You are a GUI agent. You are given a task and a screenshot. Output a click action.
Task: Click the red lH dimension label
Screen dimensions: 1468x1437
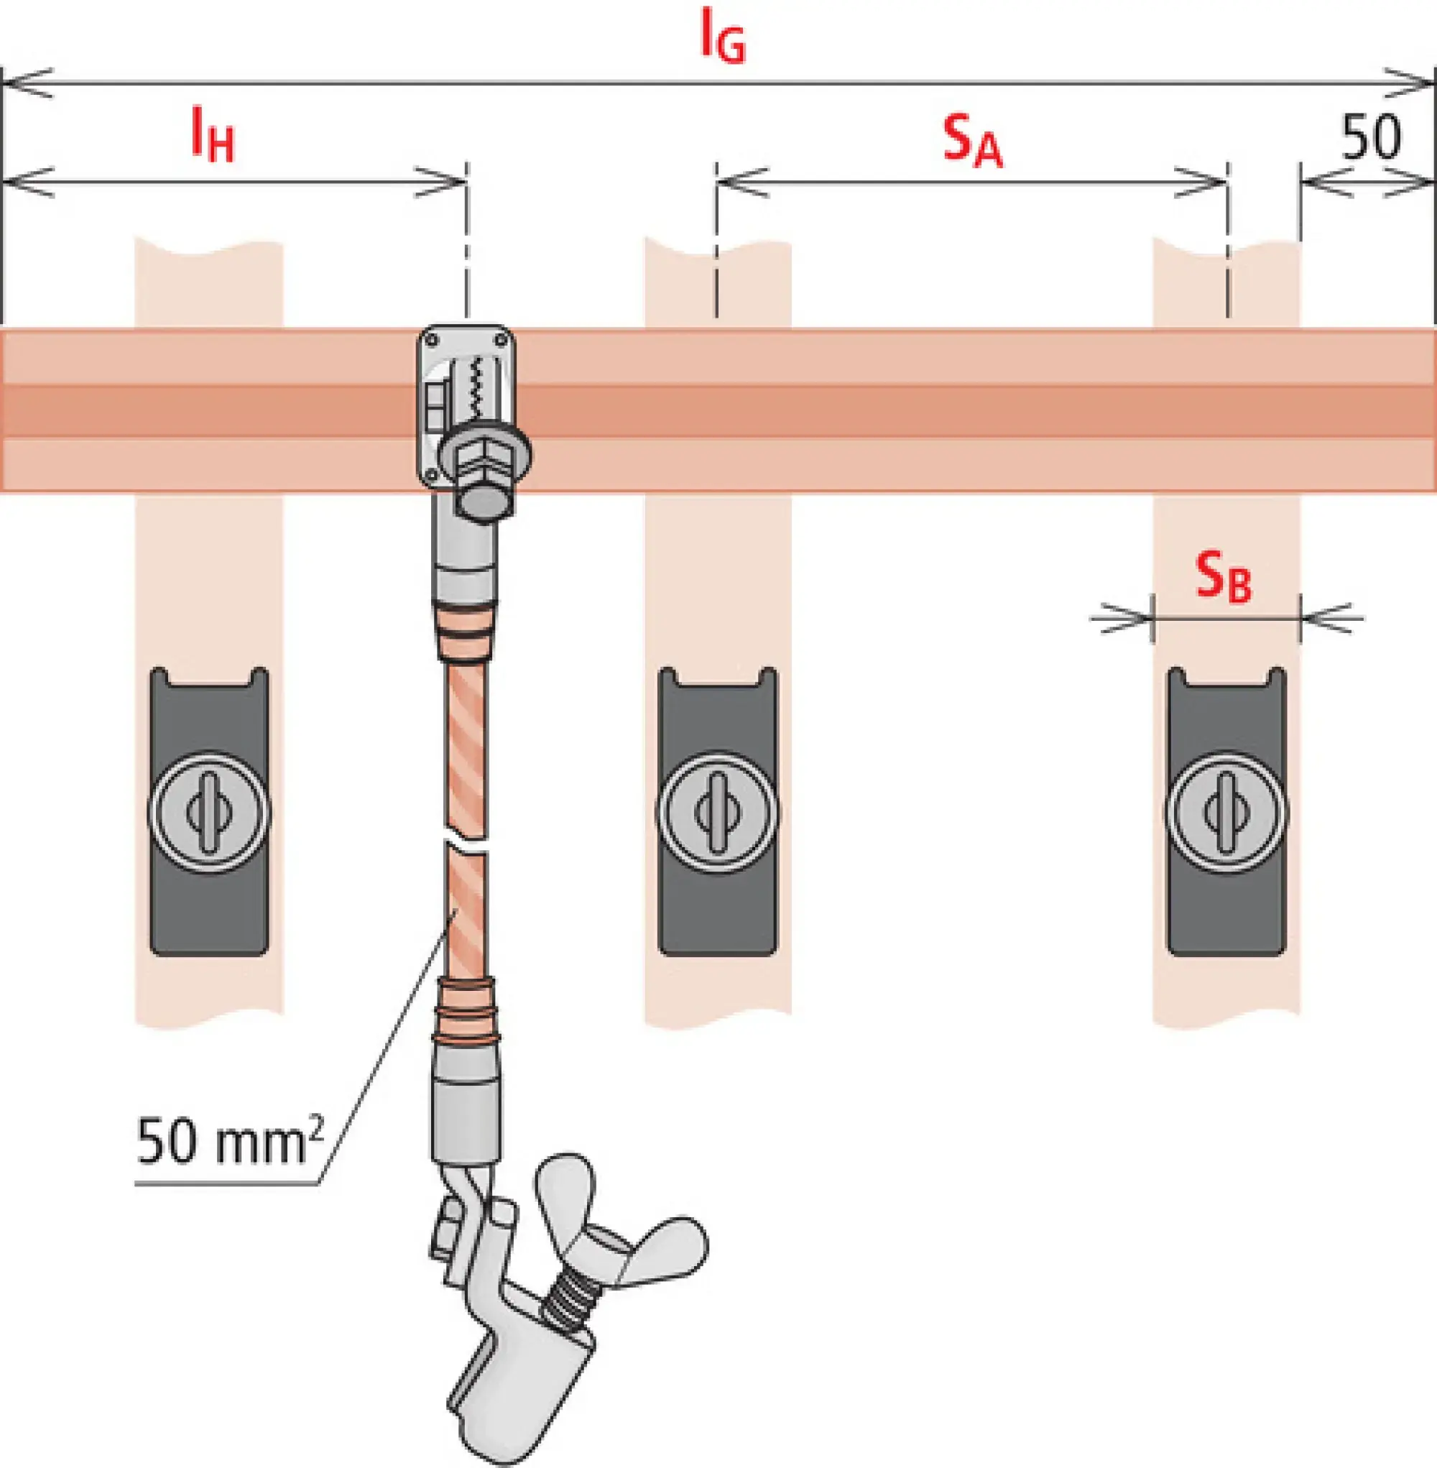coord(212,136)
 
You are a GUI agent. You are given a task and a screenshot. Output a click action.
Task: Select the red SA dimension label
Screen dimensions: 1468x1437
coord(972,141)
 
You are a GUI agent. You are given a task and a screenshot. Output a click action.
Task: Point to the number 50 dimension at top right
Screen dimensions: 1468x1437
coord(1371,137)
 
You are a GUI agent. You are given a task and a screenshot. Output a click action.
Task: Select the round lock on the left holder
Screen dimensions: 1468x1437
coord(208,812)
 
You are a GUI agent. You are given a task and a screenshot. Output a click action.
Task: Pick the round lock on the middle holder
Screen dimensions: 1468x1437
coord(717,812)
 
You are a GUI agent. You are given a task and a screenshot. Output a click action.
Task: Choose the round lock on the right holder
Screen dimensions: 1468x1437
coord(1226,812)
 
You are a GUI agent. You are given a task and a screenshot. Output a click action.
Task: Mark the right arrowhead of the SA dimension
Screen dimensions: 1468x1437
coord(1203,182)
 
